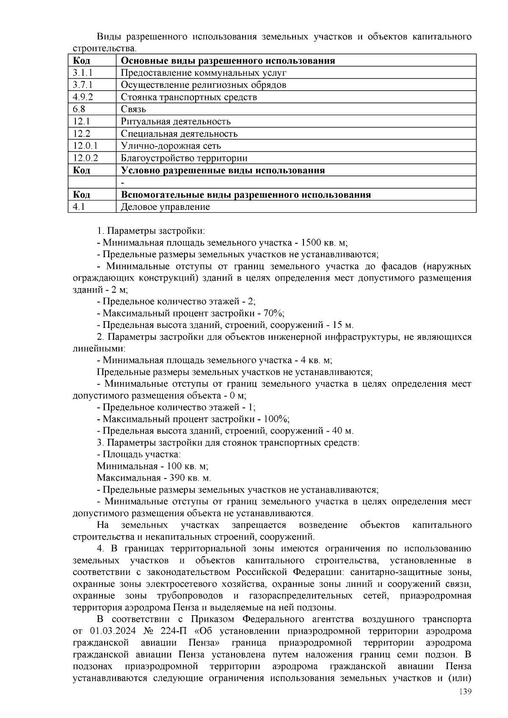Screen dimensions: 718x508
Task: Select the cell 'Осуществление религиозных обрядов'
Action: (203, 85)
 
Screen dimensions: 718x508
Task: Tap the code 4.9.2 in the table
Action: (83, 97)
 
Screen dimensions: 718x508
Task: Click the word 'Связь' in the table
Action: (133, 110)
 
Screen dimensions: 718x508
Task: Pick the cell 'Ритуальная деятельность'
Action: (176, 122)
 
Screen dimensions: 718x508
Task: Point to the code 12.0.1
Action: (85, 146)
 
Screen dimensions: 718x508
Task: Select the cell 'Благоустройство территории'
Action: (184, 158)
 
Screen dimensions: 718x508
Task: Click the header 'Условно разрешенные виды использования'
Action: (223, 171)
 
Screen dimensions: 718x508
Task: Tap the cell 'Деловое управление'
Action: (165, 207)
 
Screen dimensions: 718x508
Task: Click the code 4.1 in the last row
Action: (79, 207)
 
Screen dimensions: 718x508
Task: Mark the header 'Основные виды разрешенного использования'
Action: (228, 61)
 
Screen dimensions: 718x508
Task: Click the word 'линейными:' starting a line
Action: (99, 349)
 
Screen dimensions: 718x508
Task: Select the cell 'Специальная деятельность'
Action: (179, 134)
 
